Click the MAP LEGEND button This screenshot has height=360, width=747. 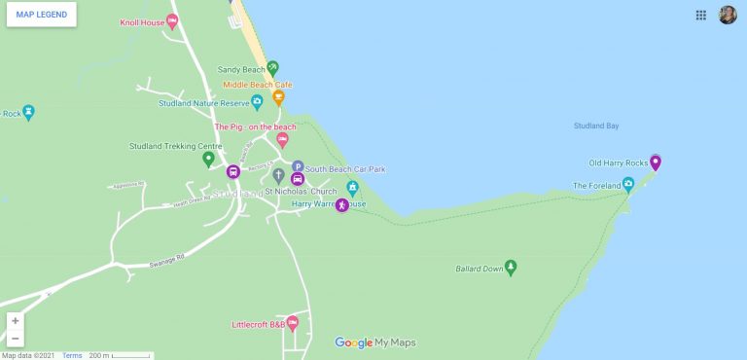[41, 15]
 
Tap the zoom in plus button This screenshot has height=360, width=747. [16, 320]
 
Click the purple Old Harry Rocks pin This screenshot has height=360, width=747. [656, 162]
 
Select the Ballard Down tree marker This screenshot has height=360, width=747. [511, 267]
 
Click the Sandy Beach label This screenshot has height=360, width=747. [240, 70]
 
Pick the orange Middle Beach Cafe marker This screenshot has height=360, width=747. [279, 97]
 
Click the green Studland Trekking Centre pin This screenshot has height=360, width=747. [207, 159]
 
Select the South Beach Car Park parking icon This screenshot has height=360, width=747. [298, 167]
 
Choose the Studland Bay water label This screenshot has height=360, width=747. [596, 126]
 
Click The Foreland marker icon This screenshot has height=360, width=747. [628, 184]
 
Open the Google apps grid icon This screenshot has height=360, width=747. [700, 15]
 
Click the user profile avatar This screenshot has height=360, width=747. [728, 15]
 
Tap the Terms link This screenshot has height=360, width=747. [72, 355]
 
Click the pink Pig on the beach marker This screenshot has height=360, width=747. [283, 140]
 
